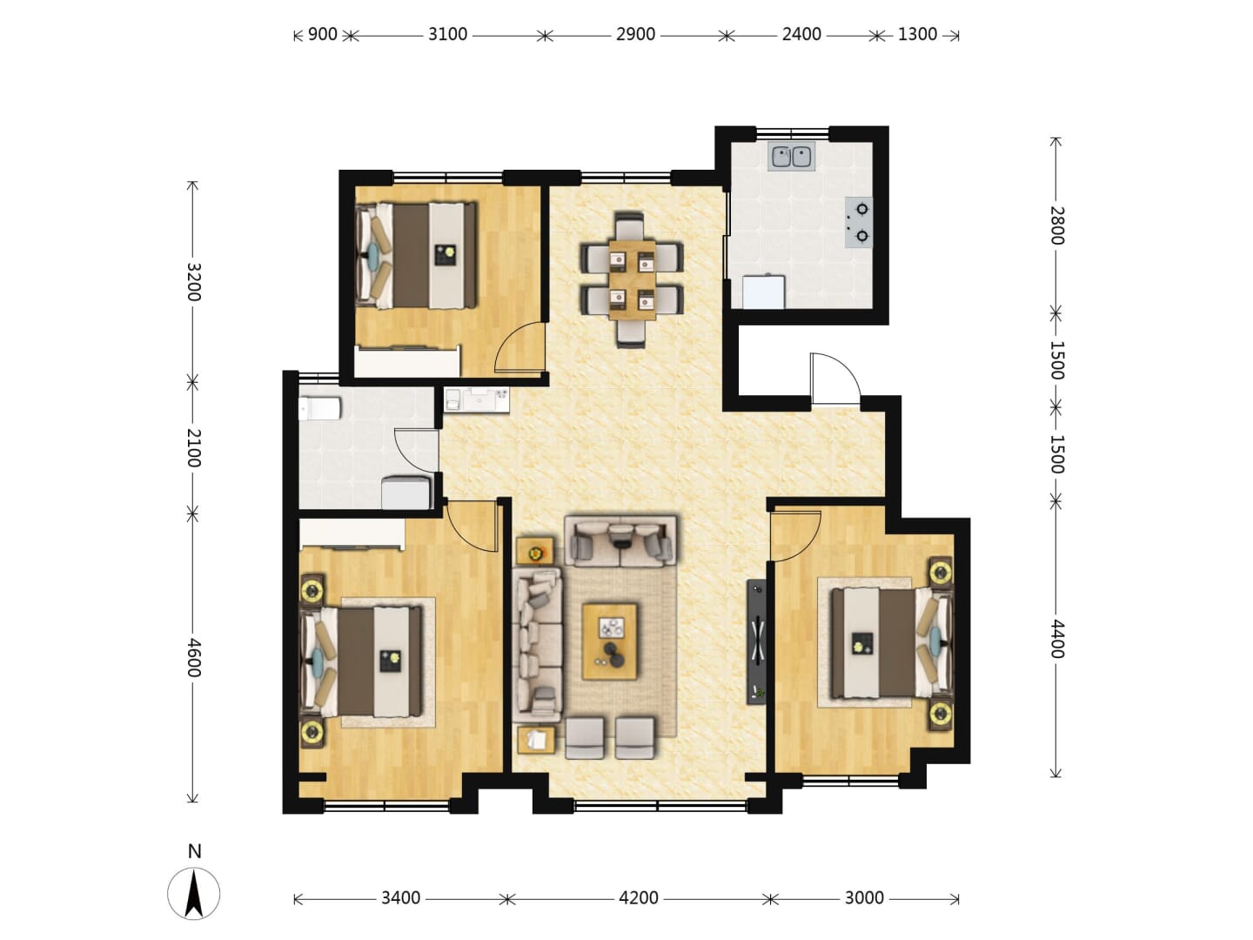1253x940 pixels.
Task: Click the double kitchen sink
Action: [x=791, y=157]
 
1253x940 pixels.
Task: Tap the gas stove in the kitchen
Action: [x=859, y=223]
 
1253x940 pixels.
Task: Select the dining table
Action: [x=632, y=279]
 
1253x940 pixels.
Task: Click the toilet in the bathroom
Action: [x=319, y=409]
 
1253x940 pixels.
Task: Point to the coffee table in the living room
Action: [x=610, y=642]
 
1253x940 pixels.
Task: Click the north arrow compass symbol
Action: [x=193, y=894]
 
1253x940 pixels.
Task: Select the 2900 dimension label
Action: [x=635, y=35]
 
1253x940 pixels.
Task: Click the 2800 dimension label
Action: [x=1056, y=225]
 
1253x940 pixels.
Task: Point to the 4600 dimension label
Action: [x=194, y=657]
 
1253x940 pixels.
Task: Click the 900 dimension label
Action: [x=323, y=35]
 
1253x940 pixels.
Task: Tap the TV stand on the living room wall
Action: [x=756, y=642]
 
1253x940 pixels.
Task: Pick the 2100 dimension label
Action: [x=194, y=448]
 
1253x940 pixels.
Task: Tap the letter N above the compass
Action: [x=194, y=851]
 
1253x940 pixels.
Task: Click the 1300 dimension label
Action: [x=917, y=35]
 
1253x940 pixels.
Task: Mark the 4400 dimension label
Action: [x=1056, y=639]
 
